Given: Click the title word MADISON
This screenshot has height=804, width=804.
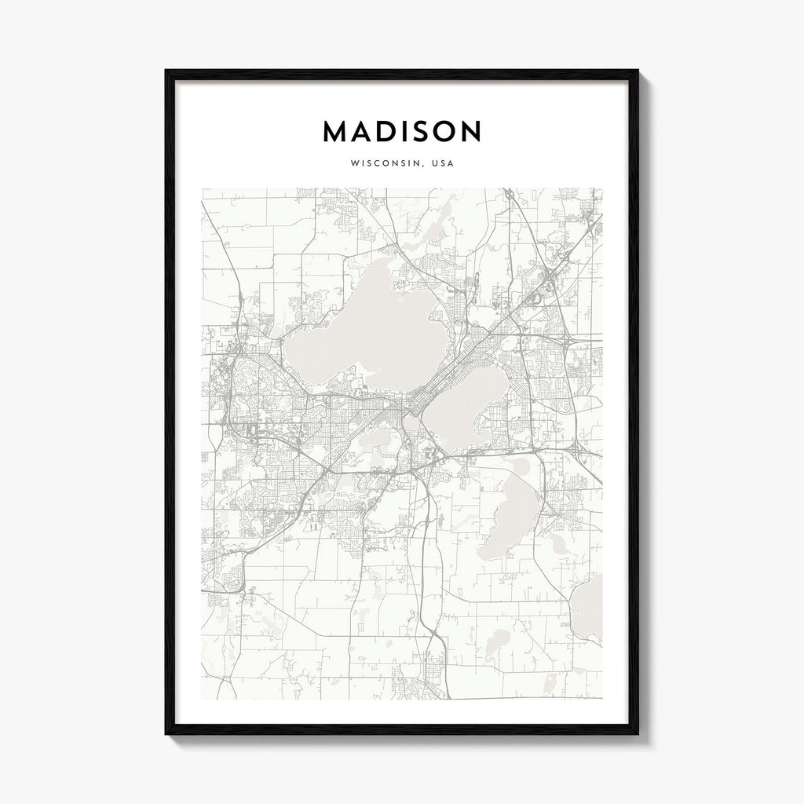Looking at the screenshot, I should coord(402,132).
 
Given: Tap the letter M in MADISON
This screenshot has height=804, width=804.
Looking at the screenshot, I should coord(335,132).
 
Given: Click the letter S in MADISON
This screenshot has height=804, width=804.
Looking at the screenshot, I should coord(422,132).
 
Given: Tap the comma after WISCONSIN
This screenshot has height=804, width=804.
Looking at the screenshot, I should coord(421,166).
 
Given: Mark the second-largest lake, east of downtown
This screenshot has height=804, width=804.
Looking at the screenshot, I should coord(471,404).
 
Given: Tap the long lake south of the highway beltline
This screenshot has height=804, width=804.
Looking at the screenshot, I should coord(514,510).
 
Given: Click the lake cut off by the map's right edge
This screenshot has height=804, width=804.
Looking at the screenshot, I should coord(590,608).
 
